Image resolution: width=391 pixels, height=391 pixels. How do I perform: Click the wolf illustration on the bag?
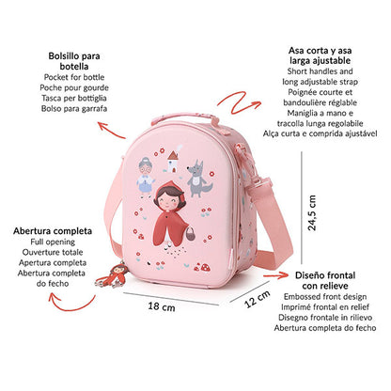198,179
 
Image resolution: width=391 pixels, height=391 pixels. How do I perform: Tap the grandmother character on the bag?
146,177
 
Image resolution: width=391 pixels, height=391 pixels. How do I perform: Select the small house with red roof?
172,162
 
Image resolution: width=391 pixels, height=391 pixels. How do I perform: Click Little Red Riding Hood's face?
170,199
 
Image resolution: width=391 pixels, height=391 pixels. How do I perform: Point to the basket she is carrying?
190,233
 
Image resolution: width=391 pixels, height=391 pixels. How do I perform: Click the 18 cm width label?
162,306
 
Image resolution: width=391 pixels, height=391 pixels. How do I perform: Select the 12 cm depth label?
258,299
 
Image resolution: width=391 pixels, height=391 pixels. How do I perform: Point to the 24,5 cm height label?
312,213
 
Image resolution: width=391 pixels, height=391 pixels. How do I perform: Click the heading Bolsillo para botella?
74,61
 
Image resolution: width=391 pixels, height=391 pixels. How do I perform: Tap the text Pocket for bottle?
74,77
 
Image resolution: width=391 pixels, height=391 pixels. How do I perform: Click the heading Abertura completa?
53,231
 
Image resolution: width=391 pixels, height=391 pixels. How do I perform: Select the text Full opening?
53,242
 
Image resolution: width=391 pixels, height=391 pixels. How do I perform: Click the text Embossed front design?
325,297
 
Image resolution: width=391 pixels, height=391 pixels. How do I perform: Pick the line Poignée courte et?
321,92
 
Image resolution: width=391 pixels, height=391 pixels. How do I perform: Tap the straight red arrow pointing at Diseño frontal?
275,275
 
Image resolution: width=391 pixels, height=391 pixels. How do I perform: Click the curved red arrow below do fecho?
71,304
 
